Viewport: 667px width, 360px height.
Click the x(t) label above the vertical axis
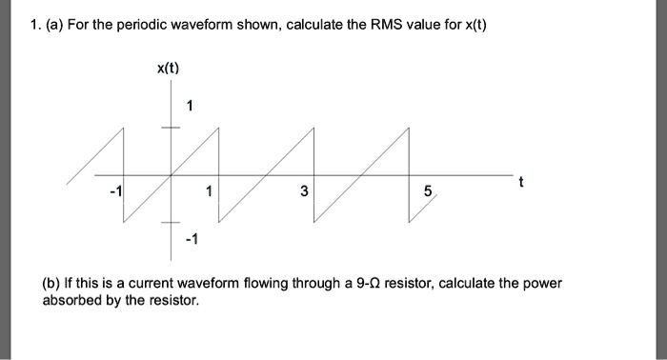pyautogui.click(x=168, y=68)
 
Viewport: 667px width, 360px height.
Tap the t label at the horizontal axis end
pyautogui.click(x=519, y=181)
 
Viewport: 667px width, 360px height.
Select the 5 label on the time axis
pyautogui.click(x=429, y=192)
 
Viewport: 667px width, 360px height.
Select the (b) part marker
pyautogui.click(x=54, y=284)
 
